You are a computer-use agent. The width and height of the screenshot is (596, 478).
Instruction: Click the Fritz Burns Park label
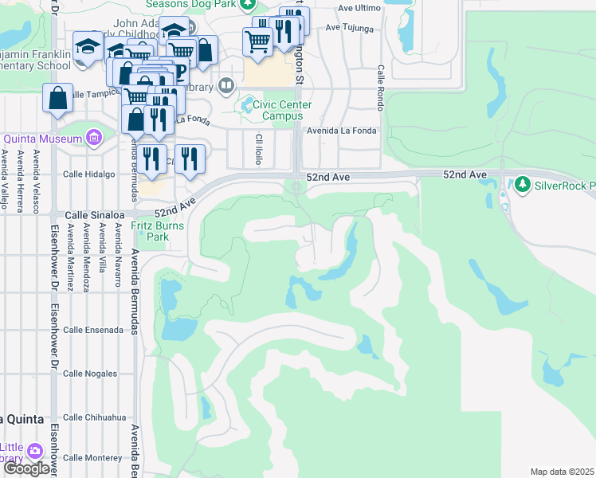click(x=158, y=231)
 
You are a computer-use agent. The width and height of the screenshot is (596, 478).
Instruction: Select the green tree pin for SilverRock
click(x=523, y=186)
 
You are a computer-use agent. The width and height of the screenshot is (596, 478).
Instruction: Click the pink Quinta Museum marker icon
click(x=95, y=138)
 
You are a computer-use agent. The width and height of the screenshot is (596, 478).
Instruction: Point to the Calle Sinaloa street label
click(x=94, y=215)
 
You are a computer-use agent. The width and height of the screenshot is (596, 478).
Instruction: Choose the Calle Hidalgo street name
click(x=88, y=174)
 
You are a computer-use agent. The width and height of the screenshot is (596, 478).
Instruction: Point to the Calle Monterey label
click(x=92, y=457)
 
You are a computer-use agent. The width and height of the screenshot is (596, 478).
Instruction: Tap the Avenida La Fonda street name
click(x=341, y=131)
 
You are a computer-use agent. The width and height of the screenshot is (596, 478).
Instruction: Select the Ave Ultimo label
click(x=357, y=8)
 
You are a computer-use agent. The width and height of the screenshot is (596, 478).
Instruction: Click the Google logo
click(x=26, y=468)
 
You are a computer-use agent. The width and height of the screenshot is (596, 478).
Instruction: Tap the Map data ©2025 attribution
click(x=562, y=472)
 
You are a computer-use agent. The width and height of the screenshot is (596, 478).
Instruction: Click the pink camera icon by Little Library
click(x=34, y=451)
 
